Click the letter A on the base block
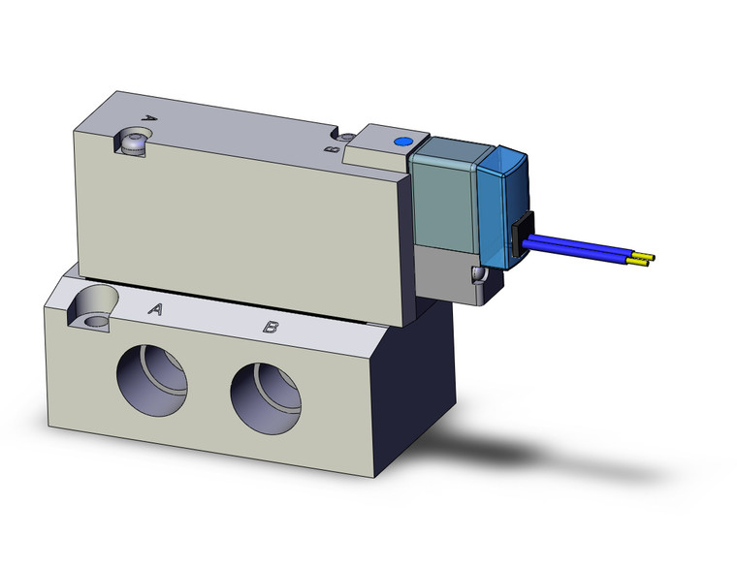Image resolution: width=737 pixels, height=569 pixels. tap(154, 310)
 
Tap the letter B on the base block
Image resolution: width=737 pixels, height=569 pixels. tap(272, 328)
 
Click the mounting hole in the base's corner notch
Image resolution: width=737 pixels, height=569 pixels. tap(95, 319)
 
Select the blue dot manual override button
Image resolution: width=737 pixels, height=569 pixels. tap(401, 142)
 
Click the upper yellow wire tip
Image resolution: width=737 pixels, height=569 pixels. tap(645, 257)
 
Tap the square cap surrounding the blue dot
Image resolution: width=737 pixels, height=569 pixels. tap(386, 150)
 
